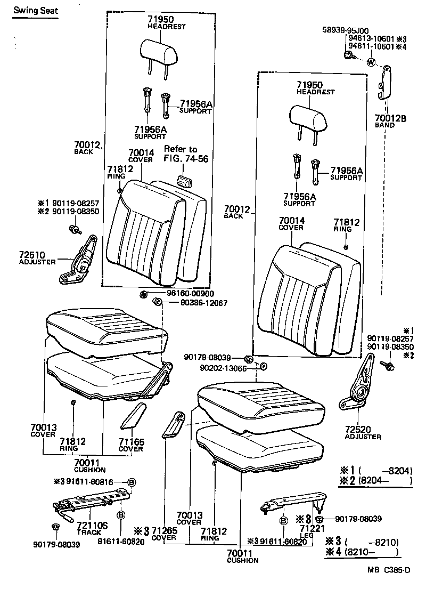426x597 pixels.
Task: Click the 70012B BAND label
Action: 390,122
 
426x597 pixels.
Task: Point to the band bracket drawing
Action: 384,83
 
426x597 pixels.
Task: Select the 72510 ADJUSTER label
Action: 38,259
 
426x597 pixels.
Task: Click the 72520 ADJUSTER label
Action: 363,432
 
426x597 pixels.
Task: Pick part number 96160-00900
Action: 187,294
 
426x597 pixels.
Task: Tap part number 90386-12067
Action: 196,303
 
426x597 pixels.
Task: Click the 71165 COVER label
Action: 130,445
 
